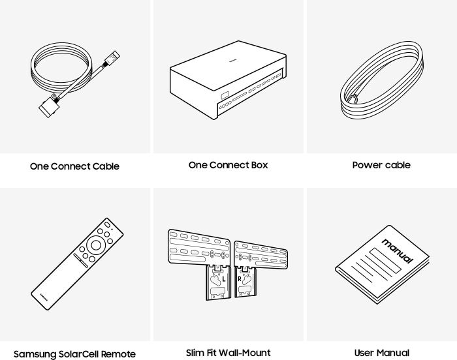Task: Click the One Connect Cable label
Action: pyautogui.click(x=74, y=166)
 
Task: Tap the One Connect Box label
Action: pyautogui.click(x=228, y=165)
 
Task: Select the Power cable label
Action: pyautogui.click(x=381, y=165)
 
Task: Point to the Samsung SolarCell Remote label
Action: pyautogui.click(x=74, y=354)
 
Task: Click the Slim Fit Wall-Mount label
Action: pyautogui.click(x=228, y=353)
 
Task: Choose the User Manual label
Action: pyautogui.click(x=381, y=353)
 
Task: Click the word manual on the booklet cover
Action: pyautogui.click(x=397, y=250)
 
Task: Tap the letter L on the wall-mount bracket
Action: pyautogui.click(x=223, y=279)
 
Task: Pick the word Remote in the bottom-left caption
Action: pyautogui.click(x=118, y=354)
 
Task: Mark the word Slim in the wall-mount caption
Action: pyautogui.click(x=197, y=353)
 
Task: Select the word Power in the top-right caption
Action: pyautogui.click(x=367, y=165)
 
